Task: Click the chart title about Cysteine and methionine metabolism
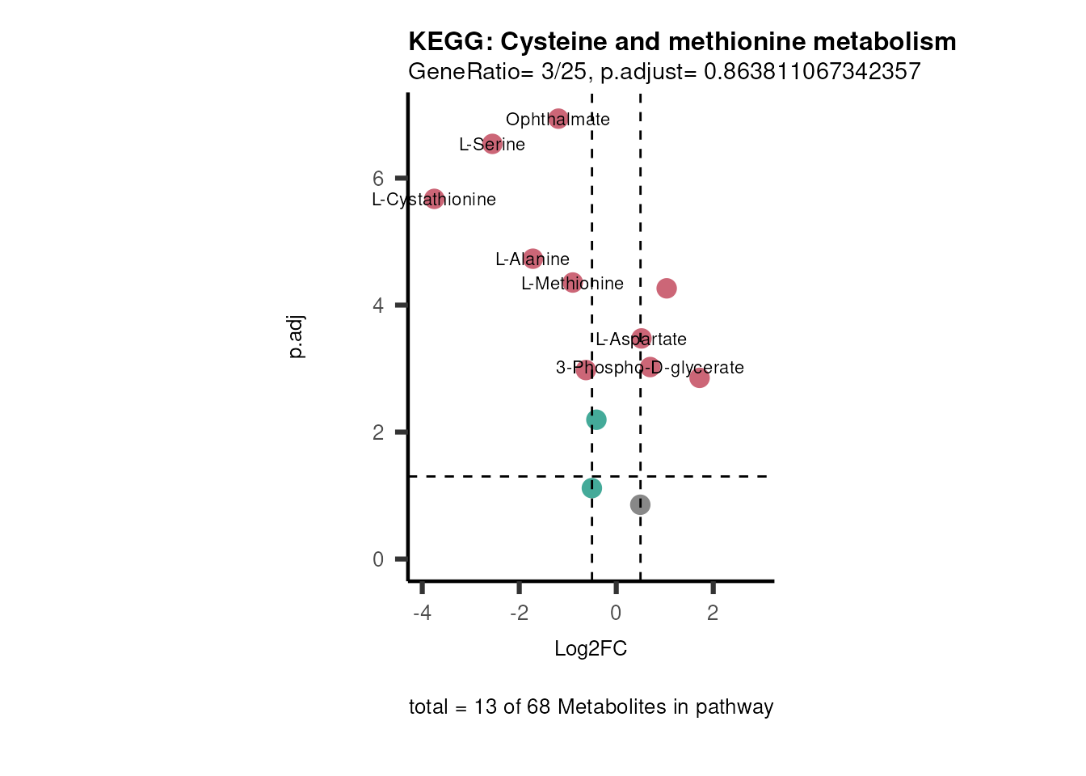pos(682,41)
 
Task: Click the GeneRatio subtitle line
pos(664,72)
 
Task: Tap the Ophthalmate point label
pos(558,120)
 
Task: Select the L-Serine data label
pos(492,145)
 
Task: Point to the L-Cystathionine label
pos(434,200)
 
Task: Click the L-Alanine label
pos(532,259)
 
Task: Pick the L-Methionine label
pos(572,284)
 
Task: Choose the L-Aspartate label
pos(641,339)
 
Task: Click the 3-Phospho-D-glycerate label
pos(650,368)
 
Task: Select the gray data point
pos(640,505)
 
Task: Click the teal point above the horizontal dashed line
pos(596,420)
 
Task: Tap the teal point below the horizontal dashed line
pos(591,488)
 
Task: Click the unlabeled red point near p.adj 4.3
pos(666,289)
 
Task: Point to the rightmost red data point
pos(699,377)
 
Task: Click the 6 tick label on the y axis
pos(378,179)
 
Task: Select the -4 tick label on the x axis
pos(422,614)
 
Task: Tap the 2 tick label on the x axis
pos(713,614)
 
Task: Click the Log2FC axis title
pos(591,649)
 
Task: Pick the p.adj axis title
pos(297,337)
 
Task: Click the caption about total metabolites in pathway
pos(591,707)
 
